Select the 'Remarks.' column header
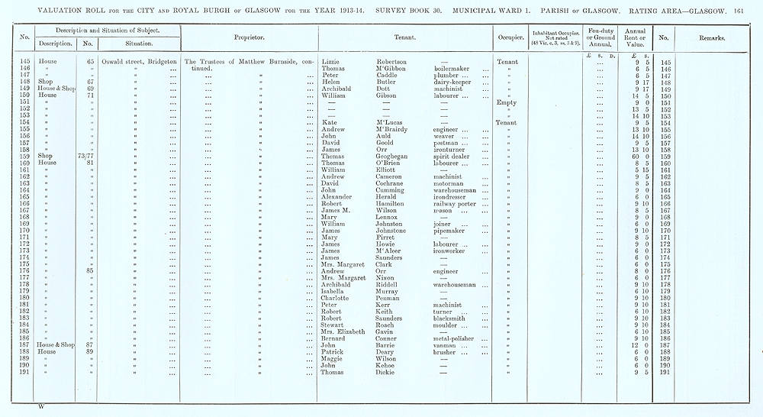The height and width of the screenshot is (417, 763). tap(710, 37)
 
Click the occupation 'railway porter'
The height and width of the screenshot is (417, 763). tap(456, 203)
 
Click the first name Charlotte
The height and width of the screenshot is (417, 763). tap(336, 298)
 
